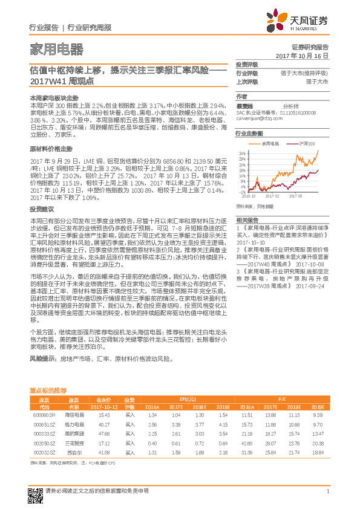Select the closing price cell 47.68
pos(103,433)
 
